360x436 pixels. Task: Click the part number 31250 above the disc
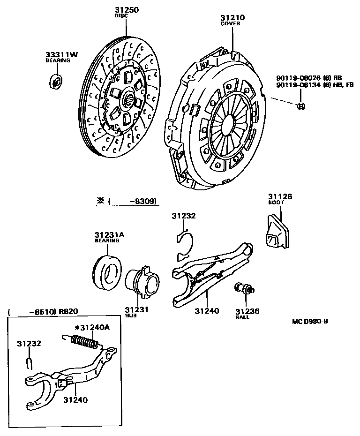point(127,10)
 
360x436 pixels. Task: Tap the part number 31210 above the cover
point(232,18)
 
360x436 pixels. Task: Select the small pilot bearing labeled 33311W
point(56,81)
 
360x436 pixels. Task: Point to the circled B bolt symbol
point(301,106)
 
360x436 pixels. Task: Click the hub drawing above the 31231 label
point(143,282)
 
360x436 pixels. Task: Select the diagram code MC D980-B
point(309,321)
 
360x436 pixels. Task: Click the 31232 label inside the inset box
point(30,344)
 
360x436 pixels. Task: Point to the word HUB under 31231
point(130,316)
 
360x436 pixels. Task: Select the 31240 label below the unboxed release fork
point(207,310)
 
